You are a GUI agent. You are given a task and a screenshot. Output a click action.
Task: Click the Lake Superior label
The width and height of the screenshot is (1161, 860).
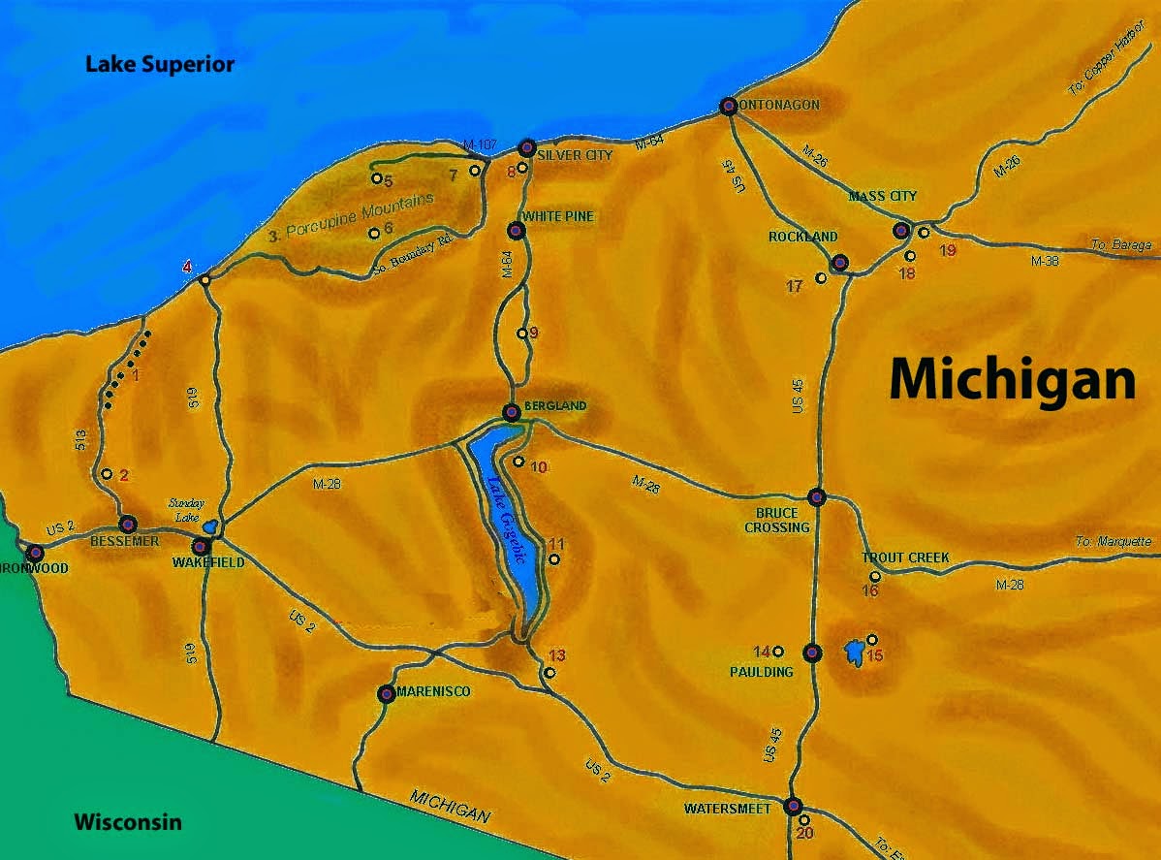tap(160, 65)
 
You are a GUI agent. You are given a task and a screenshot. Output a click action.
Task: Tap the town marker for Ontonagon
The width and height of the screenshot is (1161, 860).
tap(729, 106)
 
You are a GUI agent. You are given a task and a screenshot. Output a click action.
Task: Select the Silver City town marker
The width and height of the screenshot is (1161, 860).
tap(527, 148)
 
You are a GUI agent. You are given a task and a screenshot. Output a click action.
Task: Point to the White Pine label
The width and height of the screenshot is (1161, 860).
tap(557, 216)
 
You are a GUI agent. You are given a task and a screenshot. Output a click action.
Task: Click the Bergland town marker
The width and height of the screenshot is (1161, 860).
tap(512, 412)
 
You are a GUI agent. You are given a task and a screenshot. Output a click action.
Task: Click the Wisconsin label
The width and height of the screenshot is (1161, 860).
tap(128, 822)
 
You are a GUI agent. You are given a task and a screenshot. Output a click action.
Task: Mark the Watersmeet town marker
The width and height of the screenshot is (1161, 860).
tap(794, 805)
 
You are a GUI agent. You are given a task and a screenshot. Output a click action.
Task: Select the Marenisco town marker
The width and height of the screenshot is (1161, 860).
tap(386, 693)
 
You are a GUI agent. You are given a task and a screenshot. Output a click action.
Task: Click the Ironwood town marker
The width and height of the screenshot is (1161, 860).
tap(36, 553)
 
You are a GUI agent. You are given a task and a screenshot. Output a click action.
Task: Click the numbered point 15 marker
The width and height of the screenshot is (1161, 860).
tap(871, 639)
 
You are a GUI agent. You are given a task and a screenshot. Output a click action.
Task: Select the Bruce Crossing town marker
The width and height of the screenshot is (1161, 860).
tap(816, 496)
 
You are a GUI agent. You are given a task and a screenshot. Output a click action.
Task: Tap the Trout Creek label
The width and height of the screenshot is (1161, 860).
tap(905, 557)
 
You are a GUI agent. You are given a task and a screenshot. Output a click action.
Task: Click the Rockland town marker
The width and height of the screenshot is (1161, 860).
tap(839, 262)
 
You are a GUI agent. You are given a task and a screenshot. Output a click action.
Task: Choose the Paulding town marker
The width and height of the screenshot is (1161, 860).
tap(812, 652)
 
